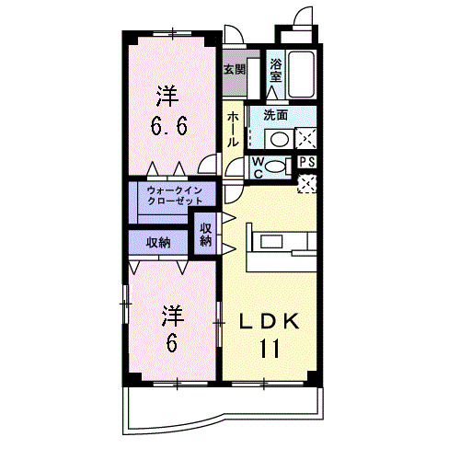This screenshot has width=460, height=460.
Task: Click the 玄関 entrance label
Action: (234, 69)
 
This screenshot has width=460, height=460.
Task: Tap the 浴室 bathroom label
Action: (276, 71)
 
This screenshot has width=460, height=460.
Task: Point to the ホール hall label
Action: (234, 130)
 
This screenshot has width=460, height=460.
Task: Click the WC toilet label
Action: (259, 167)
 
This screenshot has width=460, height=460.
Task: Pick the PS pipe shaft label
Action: (308, 162)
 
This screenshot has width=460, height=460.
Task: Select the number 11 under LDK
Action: (269, 349)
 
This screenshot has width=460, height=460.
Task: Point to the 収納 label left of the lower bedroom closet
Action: (158, 243)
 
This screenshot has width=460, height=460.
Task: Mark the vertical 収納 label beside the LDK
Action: (205, 234)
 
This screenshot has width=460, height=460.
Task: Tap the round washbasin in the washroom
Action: (277, 139)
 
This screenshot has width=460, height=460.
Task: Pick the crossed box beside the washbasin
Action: (305, 139)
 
